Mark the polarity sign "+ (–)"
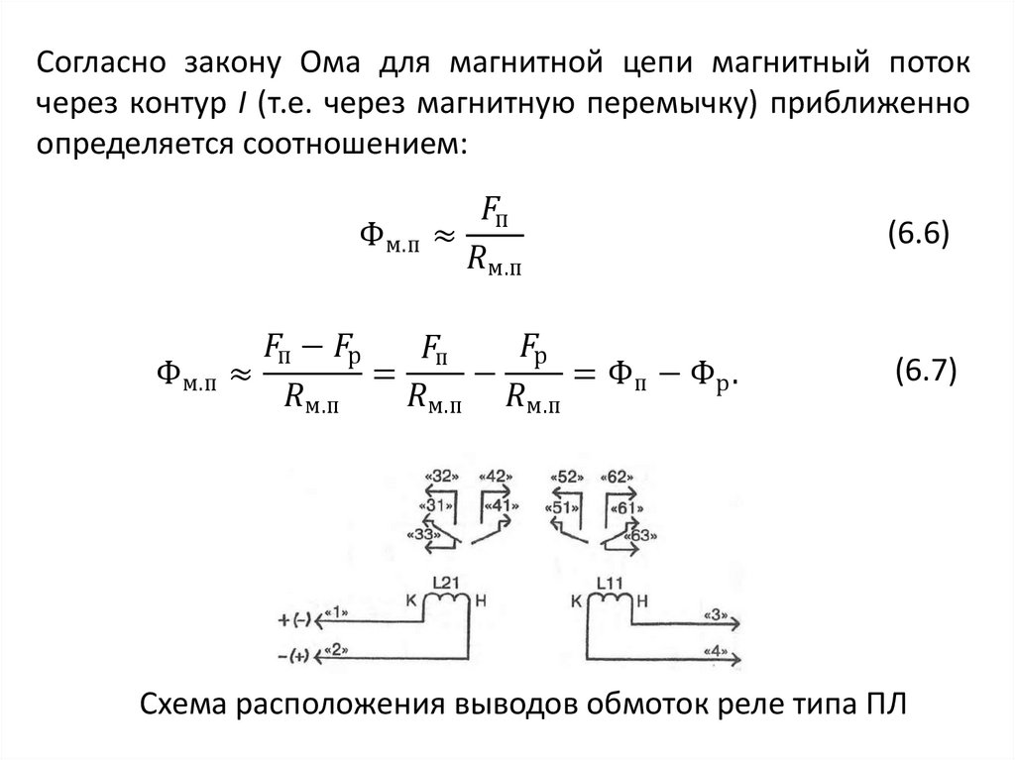click(295, 620)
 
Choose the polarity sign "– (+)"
click(295, 655)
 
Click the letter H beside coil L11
click(640, 599)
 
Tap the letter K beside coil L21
click(412, 599)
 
